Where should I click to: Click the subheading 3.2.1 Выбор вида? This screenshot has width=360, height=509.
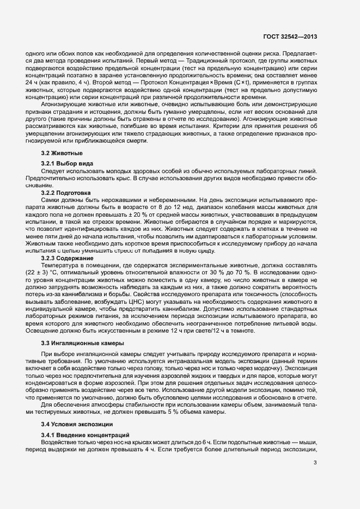tap(67, 164)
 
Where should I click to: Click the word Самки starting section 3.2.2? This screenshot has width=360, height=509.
tap(51, 200)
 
